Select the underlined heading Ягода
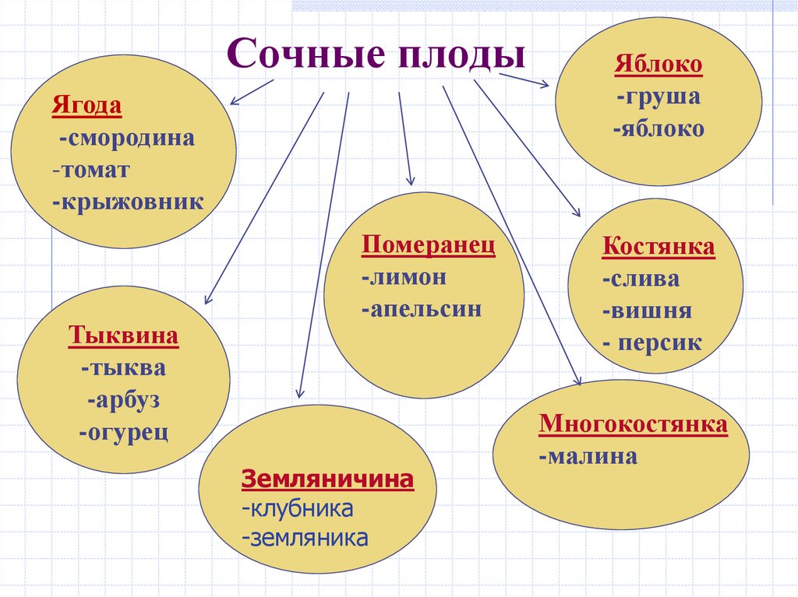coord(87,105)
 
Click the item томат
coord(93,170)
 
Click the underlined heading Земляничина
coord(327,478)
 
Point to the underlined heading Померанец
coord(428,245)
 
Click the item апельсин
coord(422,308)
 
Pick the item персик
coord(654,342)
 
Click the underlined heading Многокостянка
coord(633,424)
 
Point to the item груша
coord(657,97)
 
